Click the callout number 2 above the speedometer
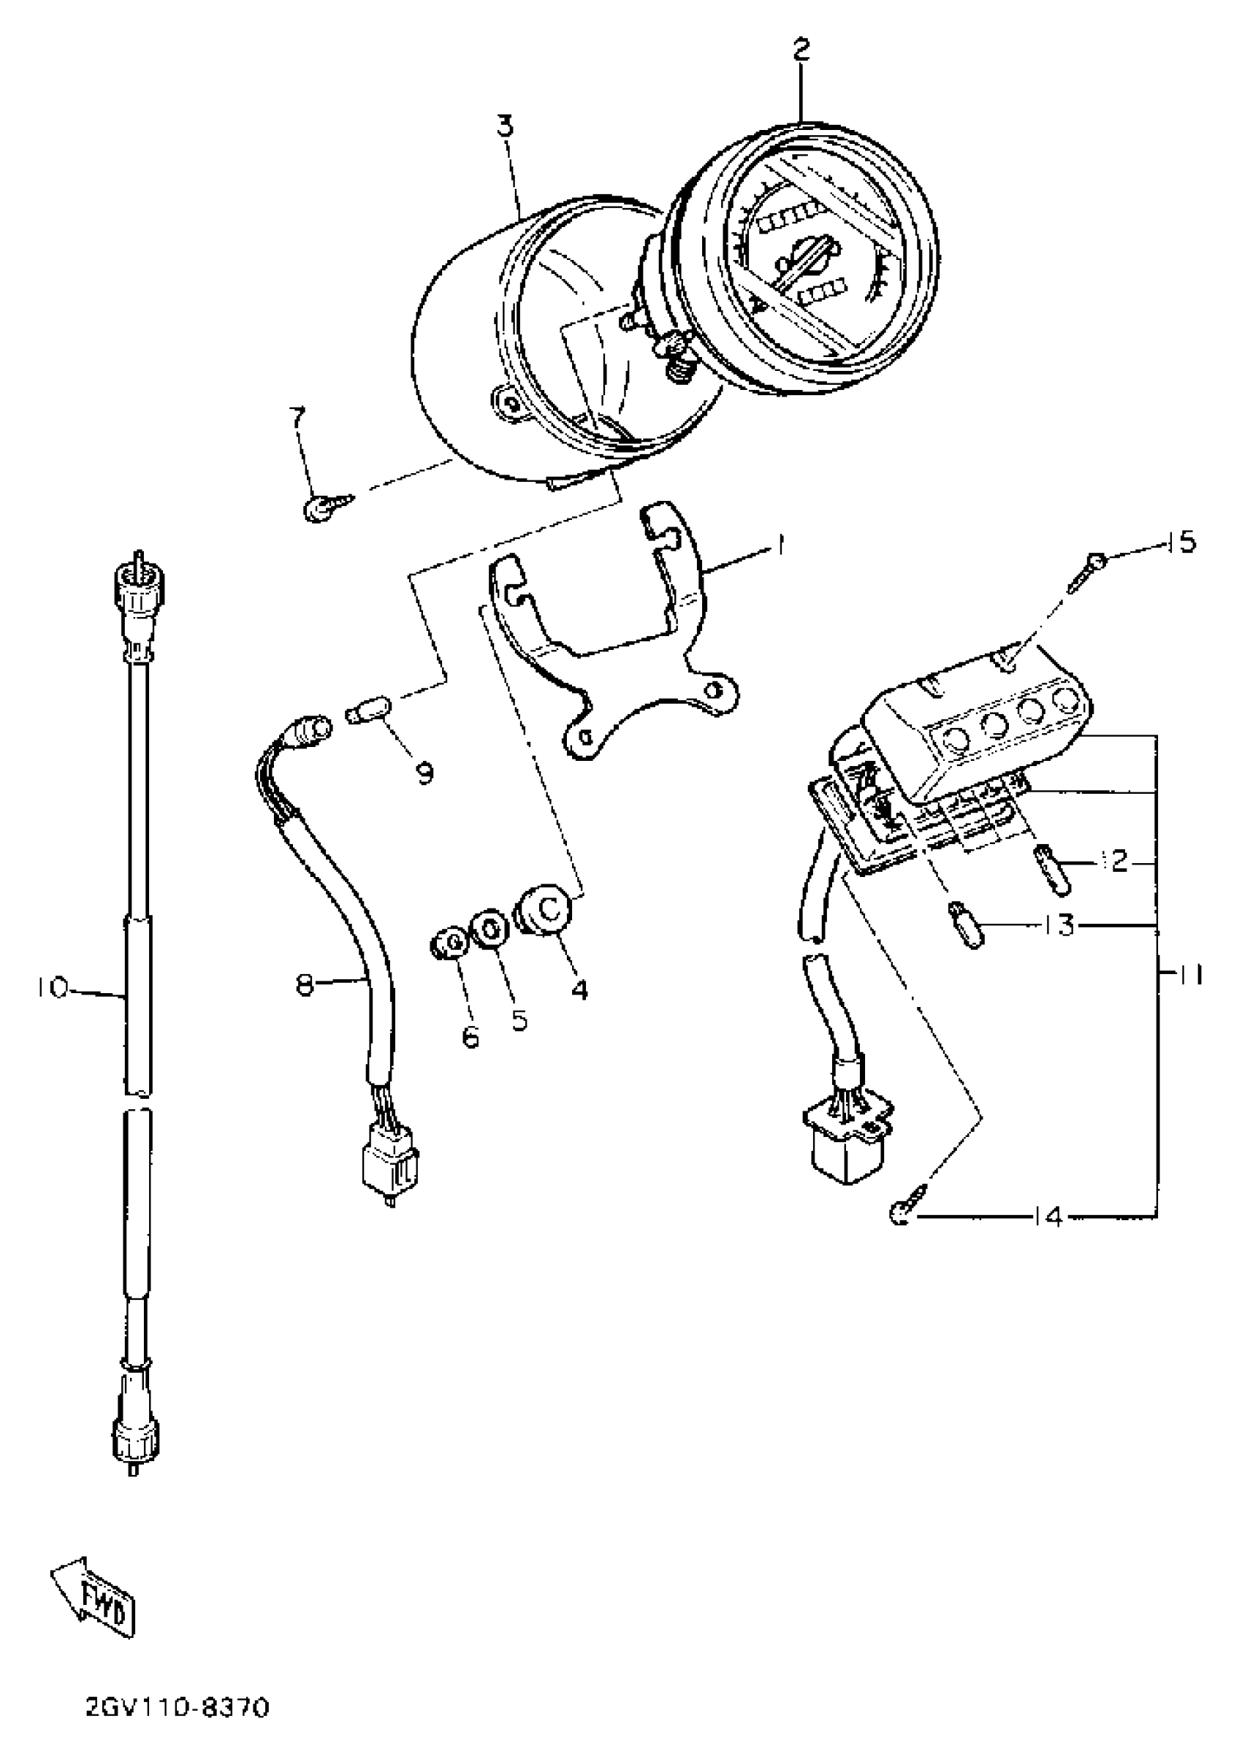point(800,52)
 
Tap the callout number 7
point(297,418)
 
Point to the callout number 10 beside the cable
point(52,987)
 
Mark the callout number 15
point(1181,544)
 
